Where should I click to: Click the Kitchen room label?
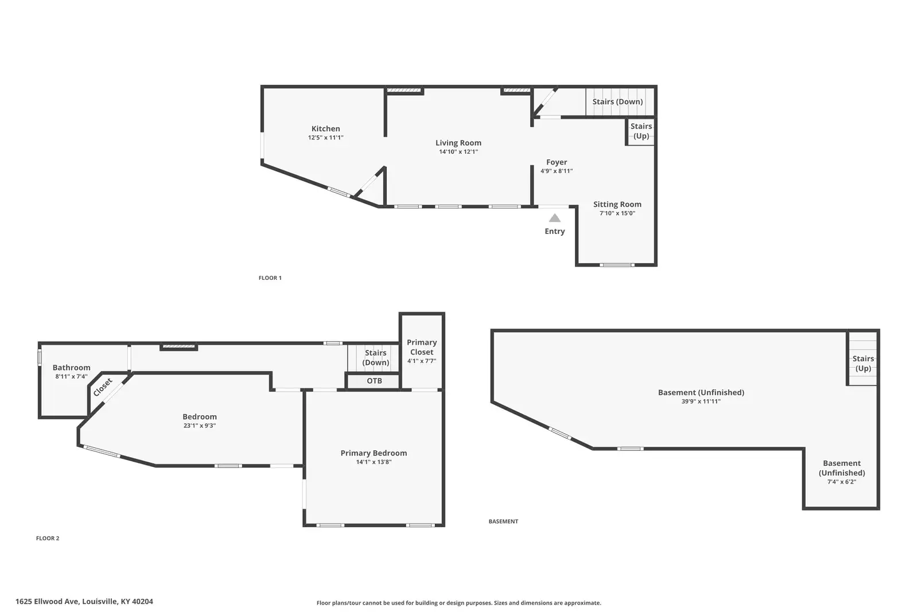[325, 128]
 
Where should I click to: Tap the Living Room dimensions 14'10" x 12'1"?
[458, 151]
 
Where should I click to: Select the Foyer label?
[557, 162]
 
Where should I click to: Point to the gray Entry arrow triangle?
[554, 217]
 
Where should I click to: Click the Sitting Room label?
[617, 204]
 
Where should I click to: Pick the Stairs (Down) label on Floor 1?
[617, 102]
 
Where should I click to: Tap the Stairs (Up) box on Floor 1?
[641, 131]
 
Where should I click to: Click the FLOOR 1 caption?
[270, 278]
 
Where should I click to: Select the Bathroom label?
[71, 368]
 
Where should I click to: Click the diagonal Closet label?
[103, 388]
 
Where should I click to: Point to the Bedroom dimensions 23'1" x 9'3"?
[200, 426]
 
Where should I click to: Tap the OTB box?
[374, 381]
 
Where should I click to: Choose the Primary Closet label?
[422, 347]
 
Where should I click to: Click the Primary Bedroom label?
[374, 453]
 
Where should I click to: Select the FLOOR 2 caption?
[48, 538]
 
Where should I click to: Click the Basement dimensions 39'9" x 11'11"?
[701, 401]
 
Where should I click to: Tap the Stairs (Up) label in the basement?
[863, 363]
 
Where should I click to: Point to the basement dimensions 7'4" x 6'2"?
[842, 482]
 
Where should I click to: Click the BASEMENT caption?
[503, 521]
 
